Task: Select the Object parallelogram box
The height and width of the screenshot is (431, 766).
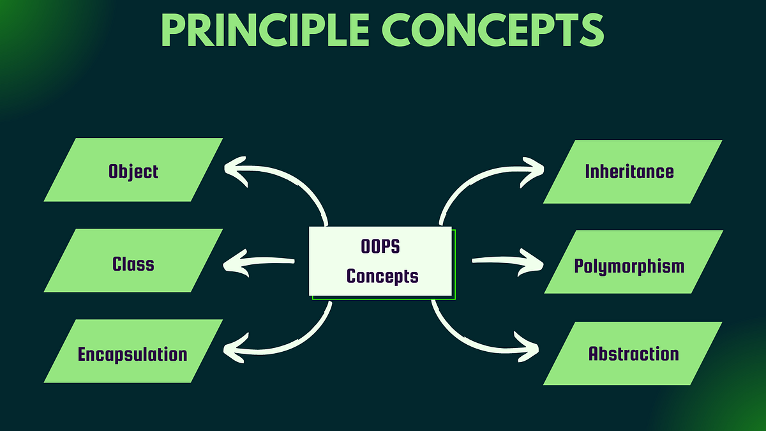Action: coord(133,170)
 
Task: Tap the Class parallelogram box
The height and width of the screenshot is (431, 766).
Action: coord(133,263)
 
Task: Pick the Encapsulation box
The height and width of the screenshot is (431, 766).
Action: coord(133,354)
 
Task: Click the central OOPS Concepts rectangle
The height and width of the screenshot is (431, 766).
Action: coord(381,261)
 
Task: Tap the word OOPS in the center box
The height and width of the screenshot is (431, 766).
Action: coord(381,246)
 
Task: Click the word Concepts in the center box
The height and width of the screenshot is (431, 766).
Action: coord(382,276)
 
